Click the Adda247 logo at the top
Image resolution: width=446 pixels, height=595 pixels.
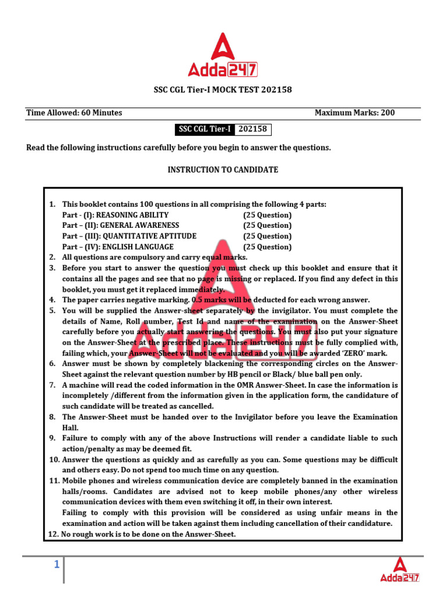222,56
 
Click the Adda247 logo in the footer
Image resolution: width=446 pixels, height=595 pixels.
400,569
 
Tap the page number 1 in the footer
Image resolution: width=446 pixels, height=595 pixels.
57,564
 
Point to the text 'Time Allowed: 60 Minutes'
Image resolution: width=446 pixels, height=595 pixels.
74,113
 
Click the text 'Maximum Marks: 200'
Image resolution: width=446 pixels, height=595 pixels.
354,113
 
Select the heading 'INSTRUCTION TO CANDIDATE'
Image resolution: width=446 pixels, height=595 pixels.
223,170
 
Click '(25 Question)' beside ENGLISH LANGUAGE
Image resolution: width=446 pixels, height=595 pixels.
267,247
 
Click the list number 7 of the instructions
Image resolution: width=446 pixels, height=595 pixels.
52,385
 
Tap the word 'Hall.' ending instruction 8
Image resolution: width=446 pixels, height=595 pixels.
71,428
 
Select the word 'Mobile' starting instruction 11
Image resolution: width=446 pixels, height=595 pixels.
75,481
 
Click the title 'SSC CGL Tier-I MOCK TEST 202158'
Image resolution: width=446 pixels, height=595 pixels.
222,90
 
